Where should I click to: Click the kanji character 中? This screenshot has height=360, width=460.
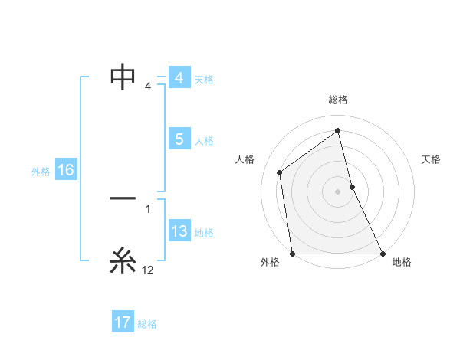click(x=123, y=76)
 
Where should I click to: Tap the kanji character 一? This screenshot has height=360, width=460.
click(x=123, y=198)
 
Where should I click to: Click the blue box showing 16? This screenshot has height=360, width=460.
click(x=65, y=170)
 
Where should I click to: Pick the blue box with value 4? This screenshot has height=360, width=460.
click(x=179, y=78)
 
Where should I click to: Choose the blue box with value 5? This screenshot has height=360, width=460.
click(x=179, y=139)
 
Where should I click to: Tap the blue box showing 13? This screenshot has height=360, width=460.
click(x=179, y=231)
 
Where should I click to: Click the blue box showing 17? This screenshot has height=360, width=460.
click(x=123, y=322)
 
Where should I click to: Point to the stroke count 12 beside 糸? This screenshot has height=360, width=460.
click(x=148, y=270)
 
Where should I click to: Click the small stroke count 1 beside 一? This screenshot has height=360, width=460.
click(x=148, y=208)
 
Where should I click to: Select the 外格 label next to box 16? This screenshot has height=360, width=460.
click(x=41, y=172)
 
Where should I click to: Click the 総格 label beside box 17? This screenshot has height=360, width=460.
click(x=147, y=324)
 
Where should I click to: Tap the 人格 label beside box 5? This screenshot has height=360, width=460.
click(x=204, y=141)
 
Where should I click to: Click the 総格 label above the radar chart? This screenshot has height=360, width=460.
click(x=338, y=100)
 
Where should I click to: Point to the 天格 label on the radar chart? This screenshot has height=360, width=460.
click(x=432, y=159)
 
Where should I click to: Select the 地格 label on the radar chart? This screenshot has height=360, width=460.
click(x=402, y=262)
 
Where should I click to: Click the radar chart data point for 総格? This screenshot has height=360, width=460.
click(x=338, y=130)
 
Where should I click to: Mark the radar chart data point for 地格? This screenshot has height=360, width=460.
click(x=383, y=254)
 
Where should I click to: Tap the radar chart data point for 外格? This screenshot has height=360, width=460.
click(x=293, y=254)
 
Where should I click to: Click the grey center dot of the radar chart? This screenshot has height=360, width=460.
click(x=338, y=191)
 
